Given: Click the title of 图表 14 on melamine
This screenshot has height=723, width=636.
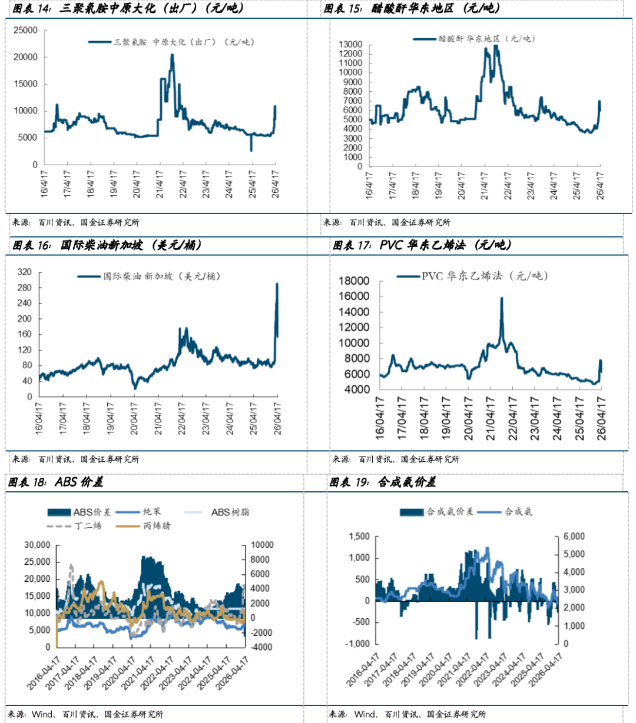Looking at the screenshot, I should [x=128, y=9].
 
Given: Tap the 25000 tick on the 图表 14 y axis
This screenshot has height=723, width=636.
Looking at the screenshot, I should [x=25, y=31].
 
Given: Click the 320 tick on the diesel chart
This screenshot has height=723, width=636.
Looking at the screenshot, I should [x=24, y=272].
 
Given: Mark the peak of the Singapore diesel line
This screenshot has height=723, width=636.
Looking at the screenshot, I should [x=277, y=284].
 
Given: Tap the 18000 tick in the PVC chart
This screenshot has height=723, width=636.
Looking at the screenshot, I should [x=355, y=281].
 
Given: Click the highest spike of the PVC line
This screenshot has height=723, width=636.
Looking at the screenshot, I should [x=502, y=298].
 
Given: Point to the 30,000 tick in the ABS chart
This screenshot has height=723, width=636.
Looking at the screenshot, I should [x=37, y=545].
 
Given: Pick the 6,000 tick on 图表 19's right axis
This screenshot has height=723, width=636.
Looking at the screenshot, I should [x=574, y=537].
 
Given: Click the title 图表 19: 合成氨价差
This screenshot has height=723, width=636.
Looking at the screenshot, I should [x=383, y=482].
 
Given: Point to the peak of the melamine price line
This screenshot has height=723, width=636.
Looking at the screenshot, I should [x=172, y=55].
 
